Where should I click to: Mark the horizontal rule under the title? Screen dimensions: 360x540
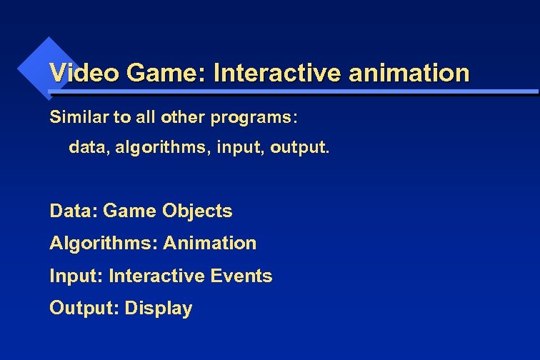[293, 92]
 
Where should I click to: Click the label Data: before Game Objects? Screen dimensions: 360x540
[74, 211]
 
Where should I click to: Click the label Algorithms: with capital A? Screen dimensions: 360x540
[103, 244]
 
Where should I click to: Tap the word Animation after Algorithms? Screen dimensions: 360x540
[209, 243]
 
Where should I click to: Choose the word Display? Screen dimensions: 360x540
[159, 309]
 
